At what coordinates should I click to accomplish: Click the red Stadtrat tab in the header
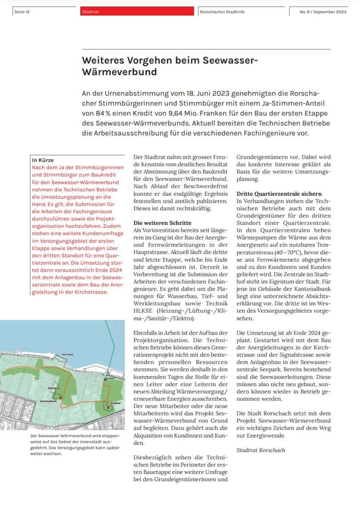click(90, 12)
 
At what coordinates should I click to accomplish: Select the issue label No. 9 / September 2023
click(323, 12)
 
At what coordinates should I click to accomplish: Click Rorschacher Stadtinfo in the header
click(222, 12)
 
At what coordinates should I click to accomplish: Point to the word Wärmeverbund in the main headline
click(119, 72)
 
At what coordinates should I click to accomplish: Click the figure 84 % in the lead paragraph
click(95, 114)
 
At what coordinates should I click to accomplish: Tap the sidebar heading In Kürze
click(43, 160)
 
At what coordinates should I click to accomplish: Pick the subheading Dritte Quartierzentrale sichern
click(279, 194)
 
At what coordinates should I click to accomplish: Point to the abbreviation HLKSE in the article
click(143, 311)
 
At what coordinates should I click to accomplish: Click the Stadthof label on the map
click(114, 403)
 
